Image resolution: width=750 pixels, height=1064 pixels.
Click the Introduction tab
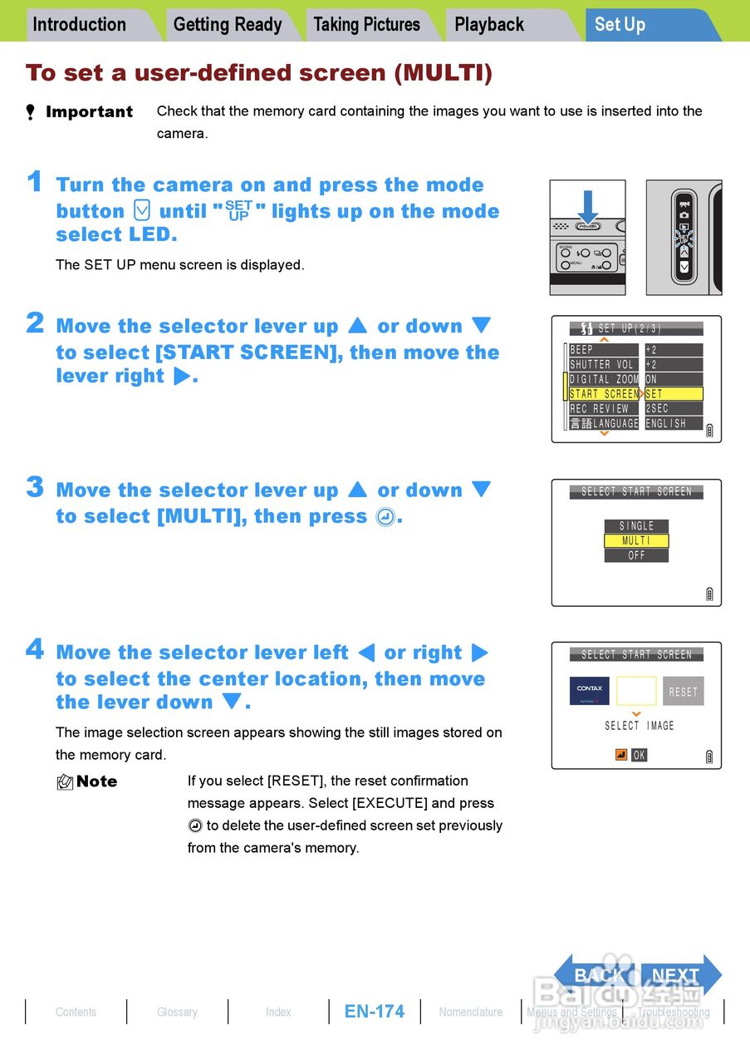coord(80,25)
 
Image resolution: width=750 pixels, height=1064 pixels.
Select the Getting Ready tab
coord(228,25)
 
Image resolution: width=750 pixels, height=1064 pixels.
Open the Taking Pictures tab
coord(366,25)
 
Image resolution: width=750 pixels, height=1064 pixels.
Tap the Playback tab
coord(489,25)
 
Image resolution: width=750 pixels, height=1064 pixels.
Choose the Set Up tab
coord(620,25)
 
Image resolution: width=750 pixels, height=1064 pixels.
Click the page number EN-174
coord(375,1012)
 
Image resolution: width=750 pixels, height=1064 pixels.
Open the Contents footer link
coord(76,1012)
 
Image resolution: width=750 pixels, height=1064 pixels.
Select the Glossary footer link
coord(177,1012)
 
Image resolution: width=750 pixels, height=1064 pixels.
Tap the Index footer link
coord(278,1012)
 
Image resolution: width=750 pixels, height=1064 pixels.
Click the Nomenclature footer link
coord(471,1012)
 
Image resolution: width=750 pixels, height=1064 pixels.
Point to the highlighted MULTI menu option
coord(636,541)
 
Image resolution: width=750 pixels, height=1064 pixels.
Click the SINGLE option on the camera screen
coord(636,526)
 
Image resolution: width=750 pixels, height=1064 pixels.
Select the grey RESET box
coord(683,692)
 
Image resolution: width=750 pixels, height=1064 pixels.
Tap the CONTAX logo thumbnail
coord(590,691)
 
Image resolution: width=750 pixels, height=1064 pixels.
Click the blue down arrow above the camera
coord(588,206)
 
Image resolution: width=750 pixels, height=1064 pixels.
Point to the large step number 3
coord(35,487)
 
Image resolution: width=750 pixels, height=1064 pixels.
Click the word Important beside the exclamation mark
coord(89,112)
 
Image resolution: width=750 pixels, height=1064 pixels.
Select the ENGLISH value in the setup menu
coord(673,423)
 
